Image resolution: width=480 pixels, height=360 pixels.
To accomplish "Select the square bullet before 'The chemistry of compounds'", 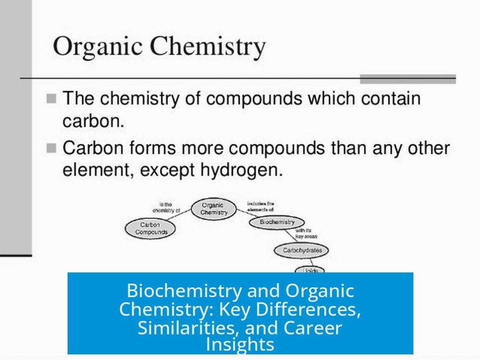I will coord(52,99).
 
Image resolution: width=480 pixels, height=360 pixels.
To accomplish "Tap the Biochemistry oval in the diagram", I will coord(277,222).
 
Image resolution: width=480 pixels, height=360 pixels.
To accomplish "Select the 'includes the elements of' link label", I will coord(261,207).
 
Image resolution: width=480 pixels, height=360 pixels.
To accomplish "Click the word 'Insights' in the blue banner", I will coord(240,345).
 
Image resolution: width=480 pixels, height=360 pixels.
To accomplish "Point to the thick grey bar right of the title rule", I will coord(407,79).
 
